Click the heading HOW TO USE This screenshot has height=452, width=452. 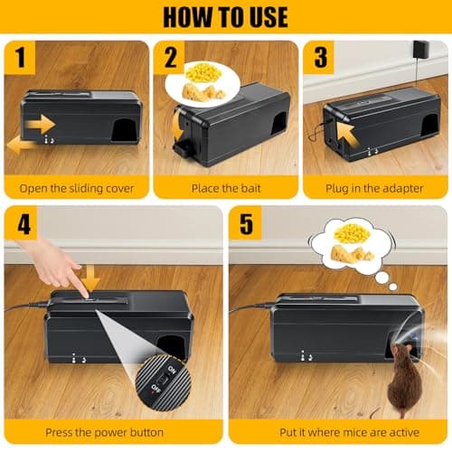tap(226, 17)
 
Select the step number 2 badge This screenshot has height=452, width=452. tap(171, 58)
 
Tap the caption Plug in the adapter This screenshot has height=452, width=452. tap(374, 189)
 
